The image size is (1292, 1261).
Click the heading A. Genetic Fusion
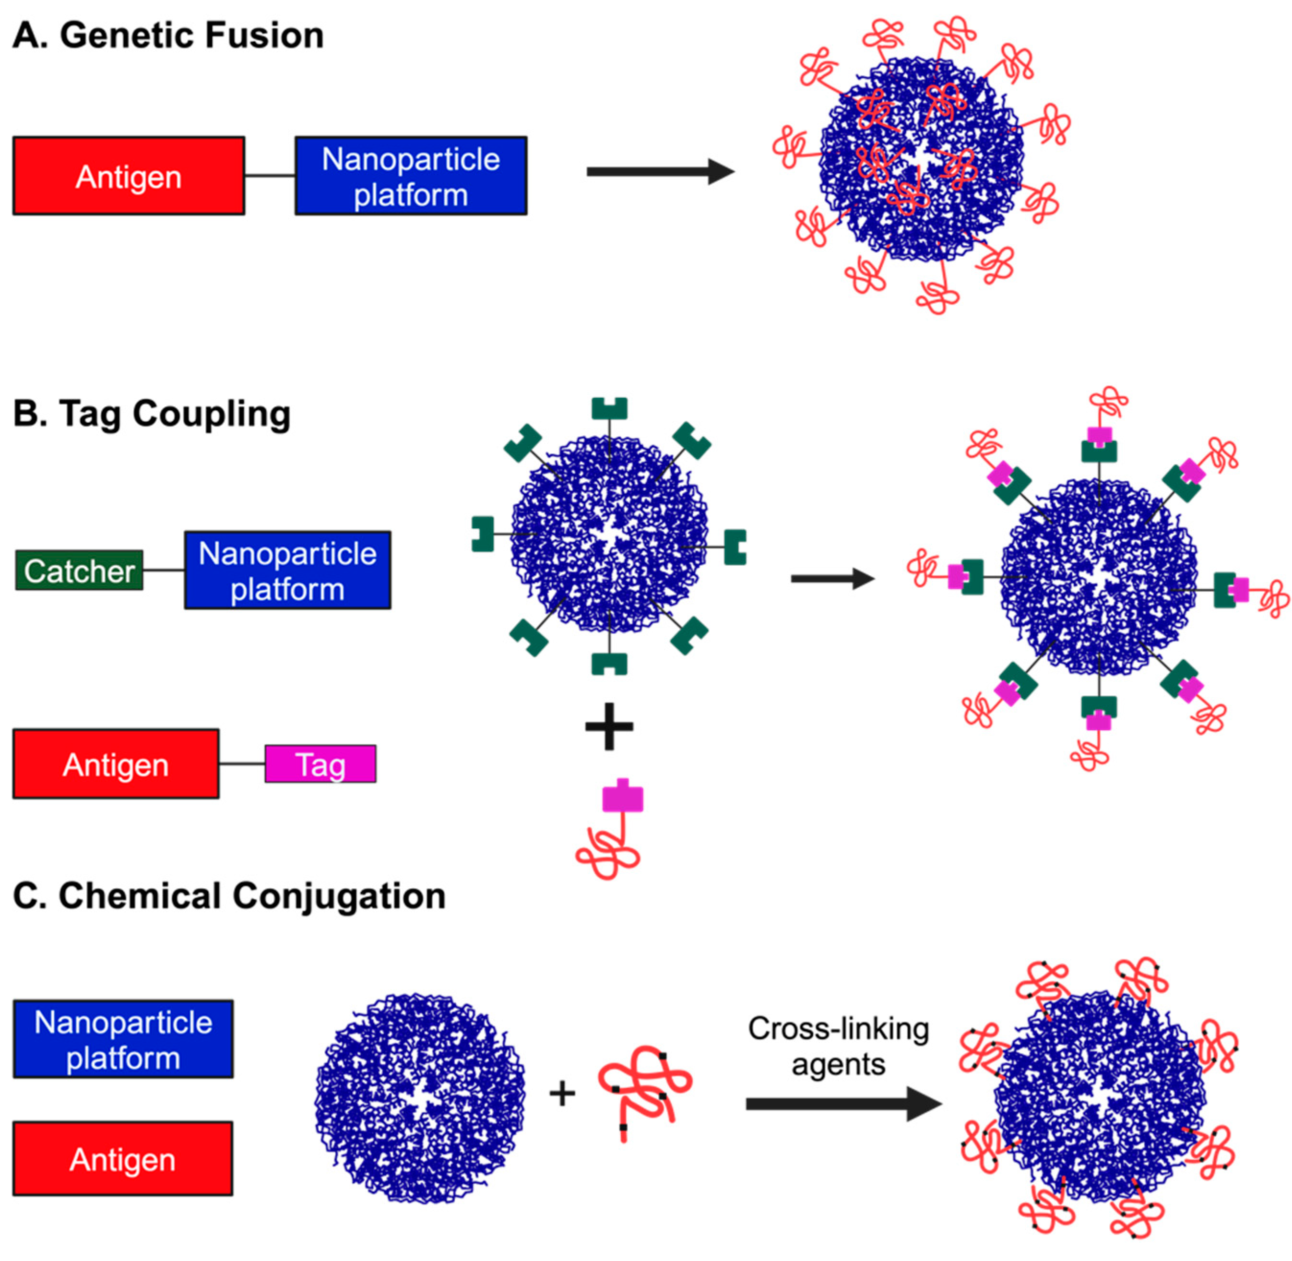point(167,36)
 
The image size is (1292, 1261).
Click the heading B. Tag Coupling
point(152,414)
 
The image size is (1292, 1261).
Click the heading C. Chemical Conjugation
point(228,896)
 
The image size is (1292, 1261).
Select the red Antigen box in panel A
point(129,176)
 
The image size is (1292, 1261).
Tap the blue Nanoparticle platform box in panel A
point(411,176)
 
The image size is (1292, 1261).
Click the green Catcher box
point(79,570)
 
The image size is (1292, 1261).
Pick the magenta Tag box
point(320,764)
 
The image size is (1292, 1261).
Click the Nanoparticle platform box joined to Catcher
point(287,570)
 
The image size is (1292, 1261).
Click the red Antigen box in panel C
point(123,1159)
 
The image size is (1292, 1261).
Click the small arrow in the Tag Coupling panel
point(832,578)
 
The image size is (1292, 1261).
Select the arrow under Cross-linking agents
point(842,1104)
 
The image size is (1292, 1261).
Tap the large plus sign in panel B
point(609,726)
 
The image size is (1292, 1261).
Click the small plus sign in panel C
point(562,1094)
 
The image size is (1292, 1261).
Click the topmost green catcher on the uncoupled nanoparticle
point(609,409)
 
